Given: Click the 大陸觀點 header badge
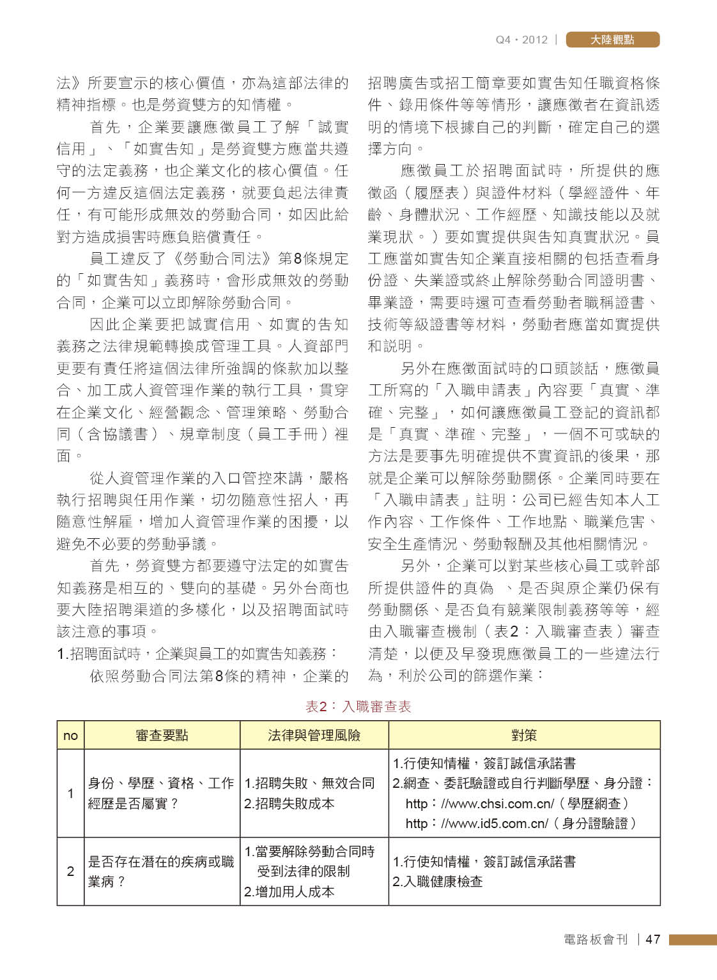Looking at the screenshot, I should (612, 40).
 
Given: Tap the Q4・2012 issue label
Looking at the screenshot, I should (521, 40).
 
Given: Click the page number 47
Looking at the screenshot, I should (652, 939).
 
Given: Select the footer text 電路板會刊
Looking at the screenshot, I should (596, 939).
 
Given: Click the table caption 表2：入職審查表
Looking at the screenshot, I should (358, 706).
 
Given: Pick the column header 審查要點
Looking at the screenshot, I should (162, 735).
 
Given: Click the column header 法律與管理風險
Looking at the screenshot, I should (314, 735).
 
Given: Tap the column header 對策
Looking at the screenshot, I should (524, 735).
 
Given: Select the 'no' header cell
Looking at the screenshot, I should (70, 735).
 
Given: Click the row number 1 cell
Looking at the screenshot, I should (70, 793).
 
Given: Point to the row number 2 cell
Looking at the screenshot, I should (70, 871).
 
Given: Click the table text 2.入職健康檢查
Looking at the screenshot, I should (438, 882).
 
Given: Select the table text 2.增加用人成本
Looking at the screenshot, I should (289, 892).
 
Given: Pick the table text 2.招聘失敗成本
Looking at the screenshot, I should (289, 804).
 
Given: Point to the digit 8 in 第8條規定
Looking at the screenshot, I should (297, 259).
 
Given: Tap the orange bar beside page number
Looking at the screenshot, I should (693, 939).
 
